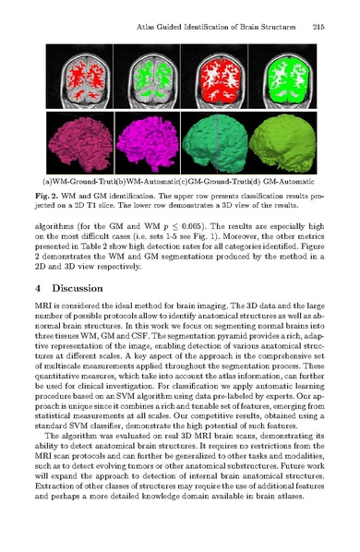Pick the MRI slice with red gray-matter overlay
(217, 76)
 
